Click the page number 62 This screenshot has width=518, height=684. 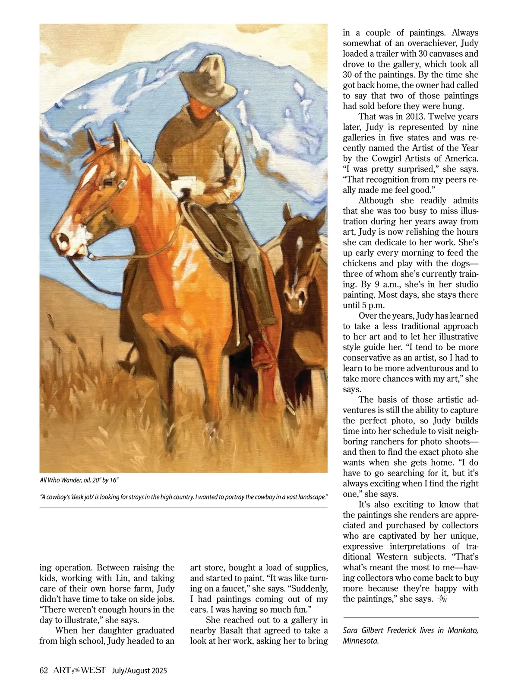pyautogui.click(x=43, y=671)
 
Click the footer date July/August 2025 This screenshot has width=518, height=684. pyautogui.click(x=139, y=671)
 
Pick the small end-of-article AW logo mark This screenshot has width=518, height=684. pyautogui.click(x=442, y=599)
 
